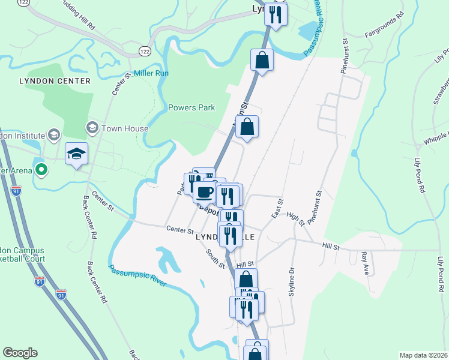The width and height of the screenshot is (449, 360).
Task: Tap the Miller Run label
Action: point(151,73)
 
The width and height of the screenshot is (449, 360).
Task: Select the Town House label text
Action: point(125,128)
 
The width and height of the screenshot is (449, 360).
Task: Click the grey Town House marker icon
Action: point(92,128)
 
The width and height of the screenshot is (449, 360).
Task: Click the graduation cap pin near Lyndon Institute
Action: point(77,154)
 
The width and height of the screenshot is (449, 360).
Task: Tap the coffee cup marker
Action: point(205,192)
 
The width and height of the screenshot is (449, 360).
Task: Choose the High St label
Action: point(296,219)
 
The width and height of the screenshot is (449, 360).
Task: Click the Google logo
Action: point(20,353)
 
